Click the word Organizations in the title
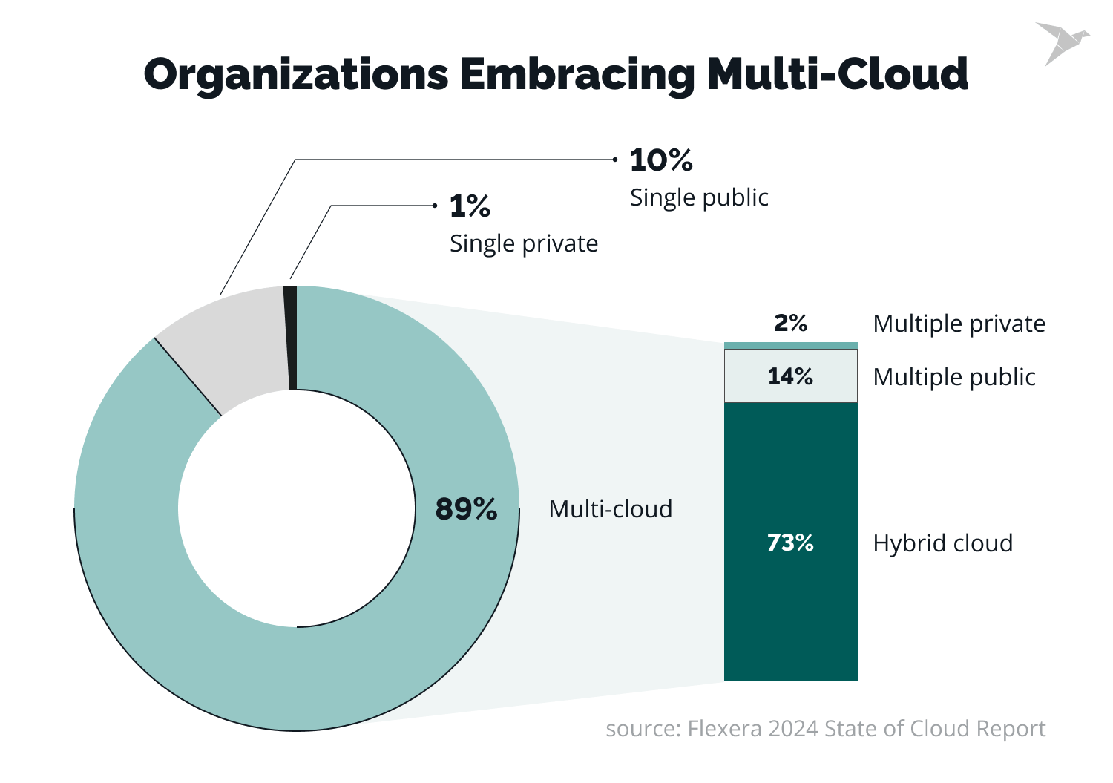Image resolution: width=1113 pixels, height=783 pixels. (296, 75)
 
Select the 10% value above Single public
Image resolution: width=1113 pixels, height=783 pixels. (660, 160)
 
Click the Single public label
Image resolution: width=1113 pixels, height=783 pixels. (699, 197)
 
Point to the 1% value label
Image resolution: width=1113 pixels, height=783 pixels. (470, 206)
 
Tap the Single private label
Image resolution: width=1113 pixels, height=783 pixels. (523, 243)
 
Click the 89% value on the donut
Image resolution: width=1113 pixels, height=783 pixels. (466, 509)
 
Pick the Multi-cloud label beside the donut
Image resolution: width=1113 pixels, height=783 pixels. (610, 509)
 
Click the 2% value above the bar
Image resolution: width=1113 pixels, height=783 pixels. (790, 323)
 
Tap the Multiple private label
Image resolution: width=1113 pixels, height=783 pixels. (959, 324)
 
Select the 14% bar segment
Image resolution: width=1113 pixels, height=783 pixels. (790, 376)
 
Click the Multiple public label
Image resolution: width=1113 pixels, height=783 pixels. (953, 377)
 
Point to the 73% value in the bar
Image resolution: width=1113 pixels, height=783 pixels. (790, 543)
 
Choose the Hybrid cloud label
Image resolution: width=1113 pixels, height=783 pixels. (942, 543)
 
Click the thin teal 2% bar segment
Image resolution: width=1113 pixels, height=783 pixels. (790, 345)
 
